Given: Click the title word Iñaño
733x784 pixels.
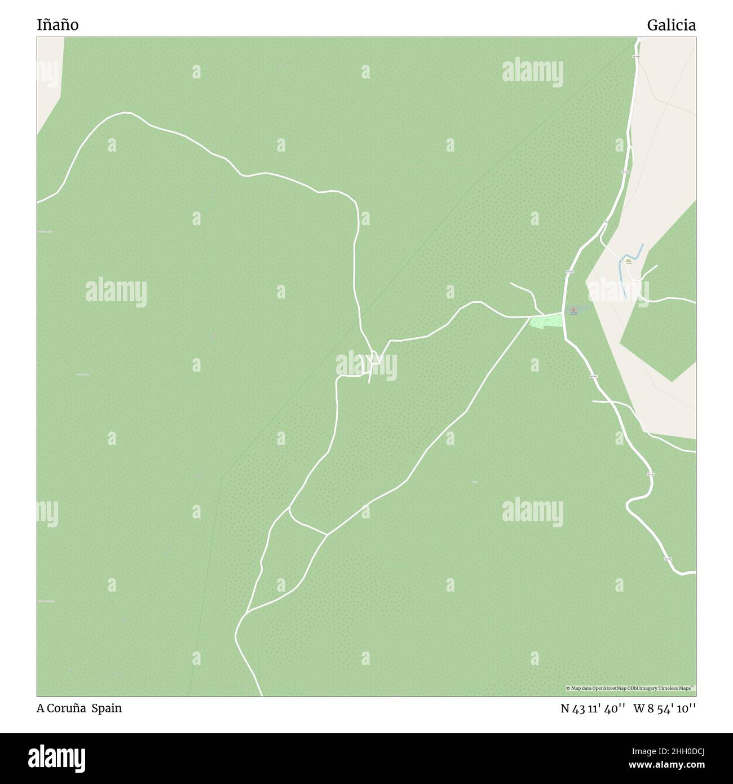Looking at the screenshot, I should click(58, 25).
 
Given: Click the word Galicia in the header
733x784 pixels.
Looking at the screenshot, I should click(671, 25).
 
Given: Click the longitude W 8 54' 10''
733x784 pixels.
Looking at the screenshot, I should click(664, 708).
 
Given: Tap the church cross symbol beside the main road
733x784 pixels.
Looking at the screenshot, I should click(574, 310).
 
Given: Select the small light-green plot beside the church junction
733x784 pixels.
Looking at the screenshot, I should click(546, 322).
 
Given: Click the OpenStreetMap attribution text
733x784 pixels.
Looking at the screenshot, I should click(630, 688).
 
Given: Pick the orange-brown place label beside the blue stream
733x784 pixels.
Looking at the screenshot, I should click(628, 261).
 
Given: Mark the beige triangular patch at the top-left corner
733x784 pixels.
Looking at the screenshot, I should click(48, 79).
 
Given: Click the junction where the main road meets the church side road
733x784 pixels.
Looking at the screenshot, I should click(563, 313).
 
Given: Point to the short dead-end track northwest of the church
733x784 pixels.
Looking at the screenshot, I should click(524, 290).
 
